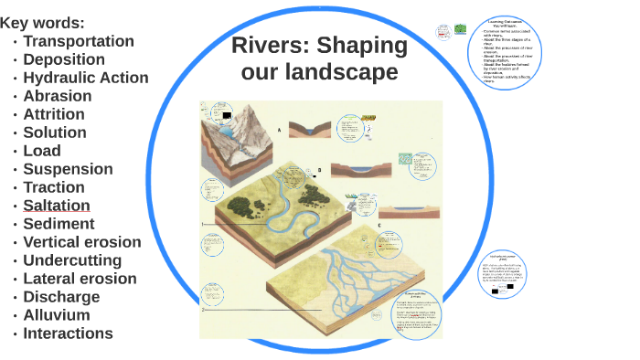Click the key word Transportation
point(79,41)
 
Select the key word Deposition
point(64,59)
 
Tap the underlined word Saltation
point(57,206)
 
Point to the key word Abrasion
point(58,96)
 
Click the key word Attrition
point(54,114)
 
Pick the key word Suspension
point(69,169)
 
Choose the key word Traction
point(54,187)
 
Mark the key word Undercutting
point(72,260)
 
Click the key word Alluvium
point(57,315)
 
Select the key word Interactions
point(68,334)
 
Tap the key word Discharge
point(61,297)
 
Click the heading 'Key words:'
point(42,23)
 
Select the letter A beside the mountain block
point(279,131)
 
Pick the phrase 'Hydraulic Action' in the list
point(86,78)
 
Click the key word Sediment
point(59,224)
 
